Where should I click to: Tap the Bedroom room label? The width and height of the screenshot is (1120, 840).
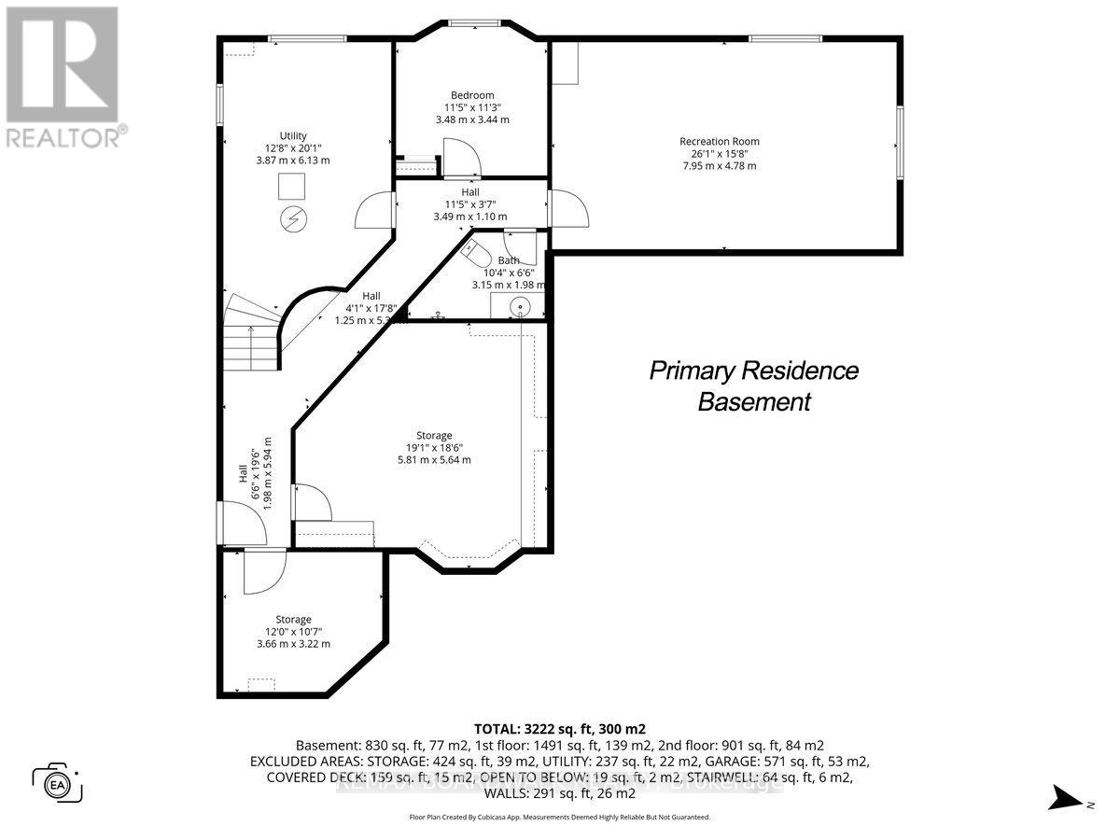(472, 95)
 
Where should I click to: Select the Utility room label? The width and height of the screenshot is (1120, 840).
(293, 136)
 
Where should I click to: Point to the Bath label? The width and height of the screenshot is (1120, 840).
(509, 260)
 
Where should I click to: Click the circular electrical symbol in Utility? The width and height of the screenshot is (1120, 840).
(292, 219)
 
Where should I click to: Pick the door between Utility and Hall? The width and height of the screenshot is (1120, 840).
(373, 209)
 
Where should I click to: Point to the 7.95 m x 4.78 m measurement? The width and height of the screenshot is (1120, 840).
(719, 166)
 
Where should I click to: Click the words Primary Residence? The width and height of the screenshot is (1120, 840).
(753, 371)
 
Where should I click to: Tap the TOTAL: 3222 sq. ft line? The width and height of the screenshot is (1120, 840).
(559, 729)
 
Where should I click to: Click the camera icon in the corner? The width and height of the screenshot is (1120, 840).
(58, 782)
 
